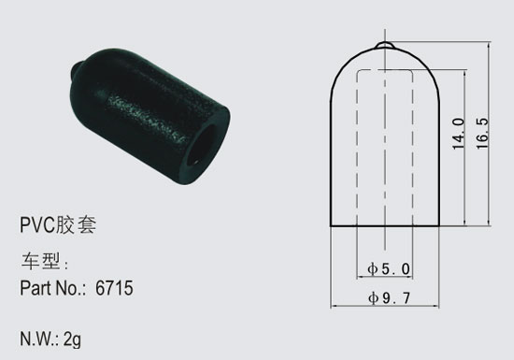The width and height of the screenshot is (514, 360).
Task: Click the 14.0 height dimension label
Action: [x=459, y=134]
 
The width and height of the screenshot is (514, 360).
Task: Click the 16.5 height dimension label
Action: [x=482, y=134]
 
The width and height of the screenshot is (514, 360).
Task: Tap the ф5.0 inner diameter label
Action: [x=389, y=269]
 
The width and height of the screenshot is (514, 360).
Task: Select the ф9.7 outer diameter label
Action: [x=389, y=298]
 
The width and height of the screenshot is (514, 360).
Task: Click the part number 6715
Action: [x=114, y=288]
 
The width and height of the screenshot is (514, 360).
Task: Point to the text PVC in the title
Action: [x=36, y=225]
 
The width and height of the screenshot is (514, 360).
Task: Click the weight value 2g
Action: [x=72, y=339]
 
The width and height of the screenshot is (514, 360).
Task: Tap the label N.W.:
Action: [x=39, y=338]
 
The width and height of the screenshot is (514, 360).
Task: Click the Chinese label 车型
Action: [x=41, y=261]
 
